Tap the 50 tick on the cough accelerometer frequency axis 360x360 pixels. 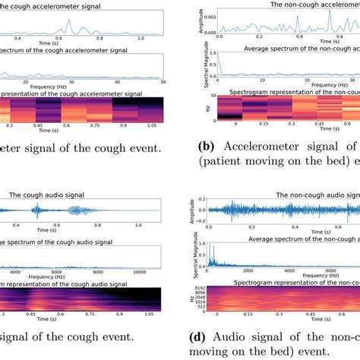pyautogui.click(x=162, y=80)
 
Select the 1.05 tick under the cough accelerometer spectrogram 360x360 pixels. pyautogui.click(x=151, y=128)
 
